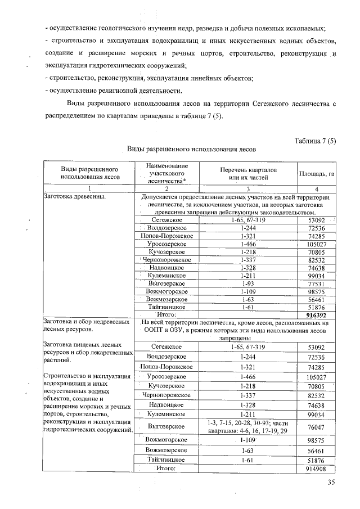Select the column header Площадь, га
point(317,174)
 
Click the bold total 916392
point(316,316)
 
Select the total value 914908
point(316,469)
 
